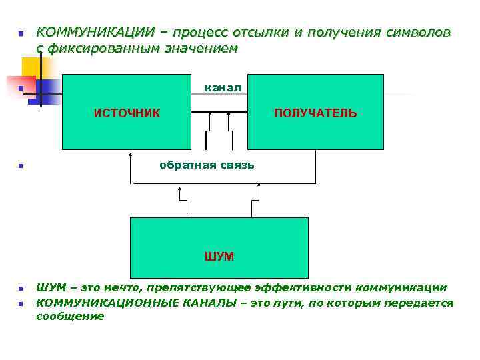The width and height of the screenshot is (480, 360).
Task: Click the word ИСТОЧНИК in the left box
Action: (x=127, y=113)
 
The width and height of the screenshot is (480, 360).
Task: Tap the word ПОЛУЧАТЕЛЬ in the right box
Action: (x=315, y=113)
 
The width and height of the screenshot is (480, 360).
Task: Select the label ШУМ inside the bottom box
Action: (x=219, y=256)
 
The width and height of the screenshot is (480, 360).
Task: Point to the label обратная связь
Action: (x=207, y=165)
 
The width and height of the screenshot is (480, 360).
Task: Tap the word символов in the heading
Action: (x=418, y=33)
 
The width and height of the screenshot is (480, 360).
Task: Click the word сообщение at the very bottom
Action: (x=70, y=316)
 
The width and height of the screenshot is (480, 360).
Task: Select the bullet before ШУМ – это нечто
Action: (x=21, y=289)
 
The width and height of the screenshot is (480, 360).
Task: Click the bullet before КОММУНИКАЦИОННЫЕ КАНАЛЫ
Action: (x=21, y=304)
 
